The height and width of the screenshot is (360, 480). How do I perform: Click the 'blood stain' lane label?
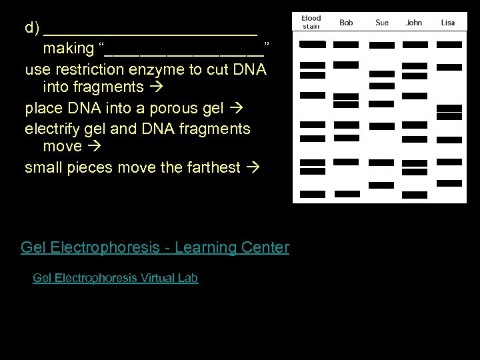[311, 22]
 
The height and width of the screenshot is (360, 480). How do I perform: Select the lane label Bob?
[346, 23]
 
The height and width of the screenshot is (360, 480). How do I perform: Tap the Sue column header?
[382, 23]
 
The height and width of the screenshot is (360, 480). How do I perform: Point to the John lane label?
[414, 23]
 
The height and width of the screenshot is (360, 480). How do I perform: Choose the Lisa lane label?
[448, 23]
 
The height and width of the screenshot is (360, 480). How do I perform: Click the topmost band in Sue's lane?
[382, 45]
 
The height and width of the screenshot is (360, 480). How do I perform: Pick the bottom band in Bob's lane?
[347, 194]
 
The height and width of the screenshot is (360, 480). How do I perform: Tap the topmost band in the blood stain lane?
[313, 45]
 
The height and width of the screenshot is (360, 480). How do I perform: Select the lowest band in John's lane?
[415, 195]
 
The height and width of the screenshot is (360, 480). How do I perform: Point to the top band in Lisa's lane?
[449, 45]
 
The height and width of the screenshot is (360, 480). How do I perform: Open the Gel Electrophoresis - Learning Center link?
[155, 248]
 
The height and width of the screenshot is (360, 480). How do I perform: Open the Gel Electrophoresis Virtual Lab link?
[115, 278]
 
